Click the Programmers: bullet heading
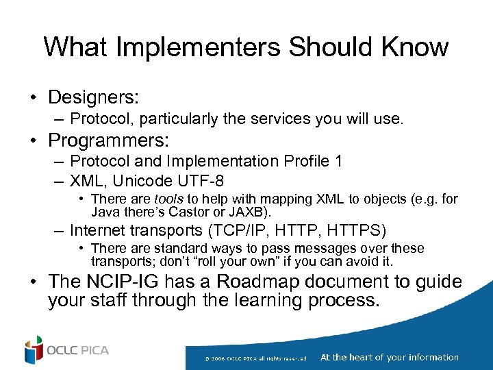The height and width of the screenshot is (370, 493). (108, 140)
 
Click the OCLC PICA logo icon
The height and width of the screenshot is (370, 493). (34, 350)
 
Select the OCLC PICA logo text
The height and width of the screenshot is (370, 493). (77, 351)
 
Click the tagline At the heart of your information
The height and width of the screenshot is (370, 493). (389, 357)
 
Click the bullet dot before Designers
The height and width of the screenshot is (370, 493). (33, 96)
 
